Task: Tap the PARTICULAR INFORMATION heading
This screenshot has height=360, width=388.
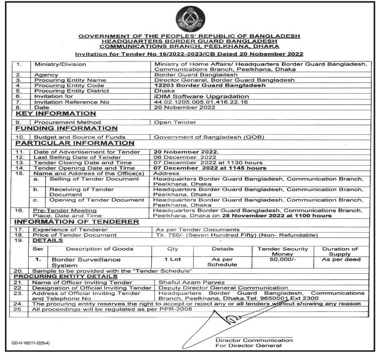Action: pyautogui.click(x=75, y=143)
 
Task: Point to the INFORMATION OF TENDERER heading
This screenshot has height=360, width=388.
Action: pyautogui.click(x=77, y=222)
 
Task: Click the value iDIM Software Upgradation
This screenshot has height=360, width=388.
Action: pyautogui.click(x=201, y=96)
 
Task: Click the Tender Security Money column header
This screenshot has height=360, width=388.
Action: pyautogui.click(x=282, y=251)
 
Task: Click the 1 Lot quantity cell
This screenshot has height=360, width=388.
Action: pyautogui.click(x=173, y=259)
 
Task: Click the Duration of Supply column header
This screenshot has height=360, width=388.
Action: pyautogui.click(x=340, y=251)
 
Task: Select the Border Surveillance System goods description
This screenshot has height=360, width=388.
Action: pyautogui.click(x=80, y=262)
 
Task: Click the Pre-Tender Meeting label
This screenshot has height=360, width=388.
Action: pyautogui.click(x=65, y=210)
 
